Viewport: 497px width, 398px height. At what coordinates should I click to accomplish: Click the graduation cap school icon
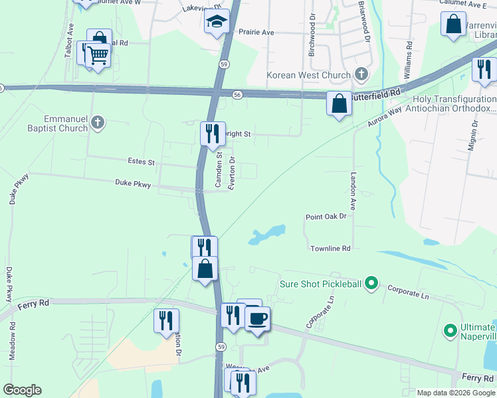[x=217, y=22]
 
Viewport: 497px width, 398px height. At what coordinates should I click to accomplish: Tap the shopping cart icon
[x=97, y=56]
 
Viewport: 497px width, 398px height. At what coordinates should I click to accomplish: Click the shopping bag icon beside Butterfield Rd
[x=339, y=104]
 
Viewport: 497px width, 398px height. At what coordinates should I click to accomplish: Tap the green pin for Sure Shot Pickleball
[x=371, y=285]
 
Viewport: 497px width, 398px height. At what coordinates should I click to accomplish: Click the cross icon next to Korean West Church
[x=361, y=74]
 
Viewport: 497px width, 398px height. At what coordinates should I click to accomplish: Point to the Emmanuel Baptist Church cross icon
[x=98, y=121]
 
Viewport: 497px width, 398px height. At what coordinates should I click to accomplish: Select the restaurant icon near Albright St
[x=211, y=133]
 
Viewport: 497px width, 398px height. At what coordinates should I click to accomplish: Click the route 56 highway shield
[x=237, y=95]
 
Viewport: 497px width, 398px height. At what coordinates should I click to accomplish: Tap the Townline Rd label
[x=330, y=248]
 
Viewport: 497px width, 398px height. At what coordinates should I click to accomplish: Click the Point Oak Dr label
[x=326, y=216]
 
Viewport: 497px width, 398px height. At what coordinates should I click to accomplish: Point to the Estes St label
[x=141, y=161]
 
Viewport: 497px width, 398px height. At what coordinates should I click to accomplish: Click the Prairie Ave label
[x=256, y=32]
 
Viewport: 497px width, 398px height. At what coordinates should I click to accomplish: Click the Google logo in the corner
[x=22, y=390]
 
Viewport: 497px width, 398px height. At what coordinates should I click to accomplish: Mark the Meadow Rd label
[x=12, y=341]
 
